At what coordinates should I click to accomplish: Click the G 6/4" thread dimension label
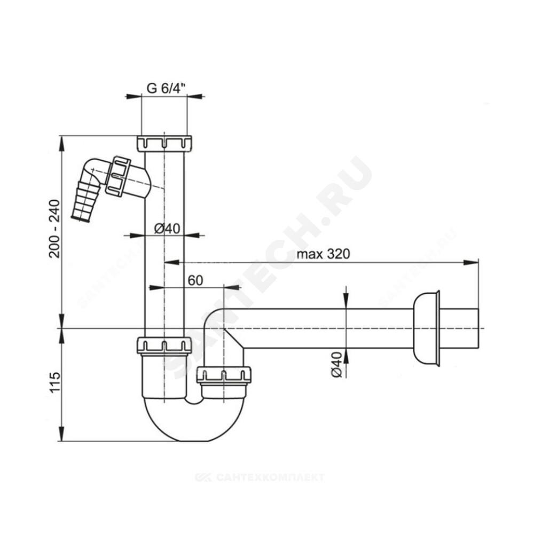(166, 88)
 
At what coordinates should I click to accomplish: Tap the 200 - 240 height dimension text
(54, 229)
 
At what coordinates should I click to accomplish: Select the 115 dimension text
(54, 382)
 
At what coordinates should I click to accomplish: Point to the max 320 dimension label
(323, 254)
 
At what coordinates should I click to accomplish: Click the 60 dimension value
(195, 280)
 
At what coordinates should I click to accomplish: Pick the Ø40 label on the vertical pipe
(167, 228)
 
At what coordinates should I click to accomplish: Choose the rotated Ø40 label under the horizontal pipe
(336, 364)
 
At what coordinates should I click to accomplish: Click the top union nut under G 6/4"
(164, 143)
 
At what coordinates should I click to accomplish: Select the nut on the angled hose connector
(117, 176)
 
